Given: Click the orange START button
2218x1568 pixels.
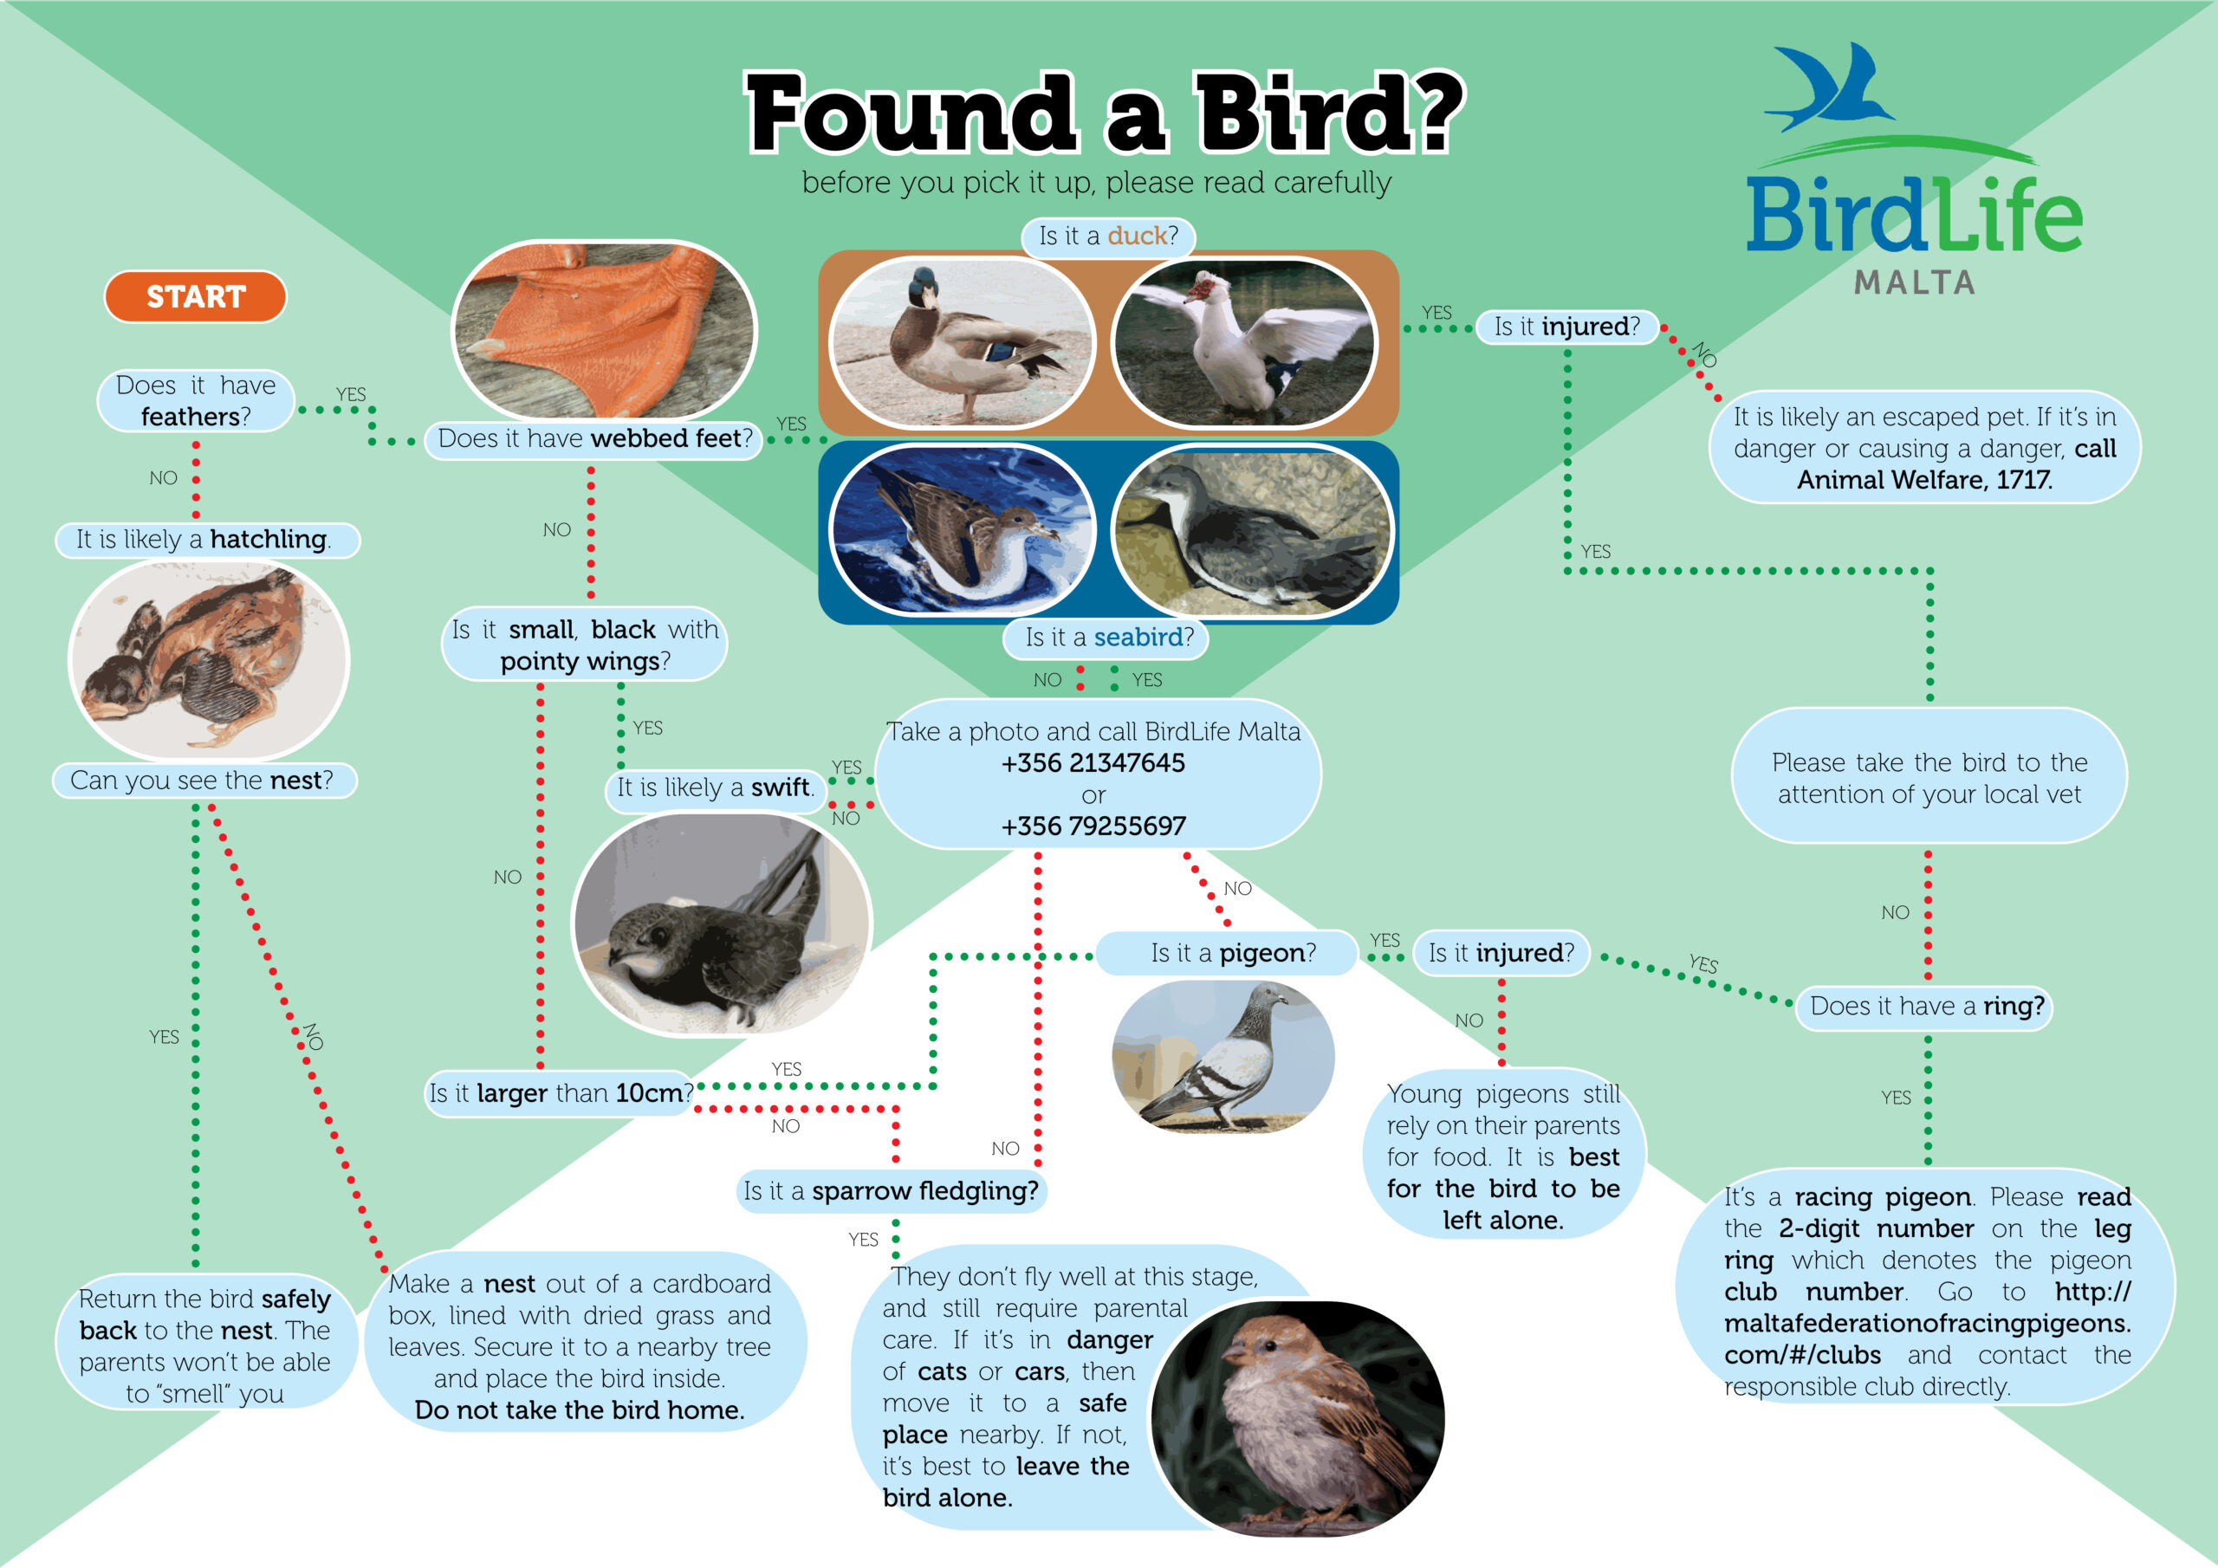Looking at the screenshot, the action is pos(195,296).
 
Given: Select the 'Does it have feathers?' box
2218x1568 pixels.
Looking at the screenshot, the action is pos(195,401).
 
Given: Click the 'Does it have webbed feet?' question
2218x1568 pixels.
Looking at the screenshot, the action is pos(594,438).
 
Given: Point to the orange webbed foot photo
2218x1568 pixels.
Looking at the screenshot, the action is pos(605,329).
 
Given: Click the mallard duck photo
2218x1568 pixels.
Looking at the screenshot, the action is pos(963,341).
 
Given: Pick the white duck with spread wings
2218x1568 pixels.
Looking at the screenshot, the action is pos(1244,341).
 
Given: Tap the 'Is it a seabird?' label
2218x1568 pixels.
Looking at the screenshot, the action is pos(1109,638).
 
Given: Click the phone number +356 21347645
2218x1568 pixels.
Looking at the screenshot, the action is pos(1093,763).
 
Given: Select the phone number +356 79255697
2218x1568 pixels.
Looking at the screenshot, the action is pos(1093,826).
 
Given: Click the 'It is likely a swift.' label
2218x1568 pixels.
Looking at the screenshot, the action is pos(716,787).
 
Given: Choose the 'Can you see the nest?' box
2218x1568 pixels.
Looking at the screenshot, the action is pos(203,781).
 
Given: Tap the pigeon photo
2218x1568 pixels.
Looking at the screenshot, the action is pos(1223,1057).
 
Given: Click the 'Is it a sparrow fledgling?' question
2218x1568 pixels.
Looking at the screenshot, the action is pos(891,1191).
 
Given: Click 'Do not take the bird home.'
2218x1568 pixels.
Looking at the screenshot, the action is pos(580,1410).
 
